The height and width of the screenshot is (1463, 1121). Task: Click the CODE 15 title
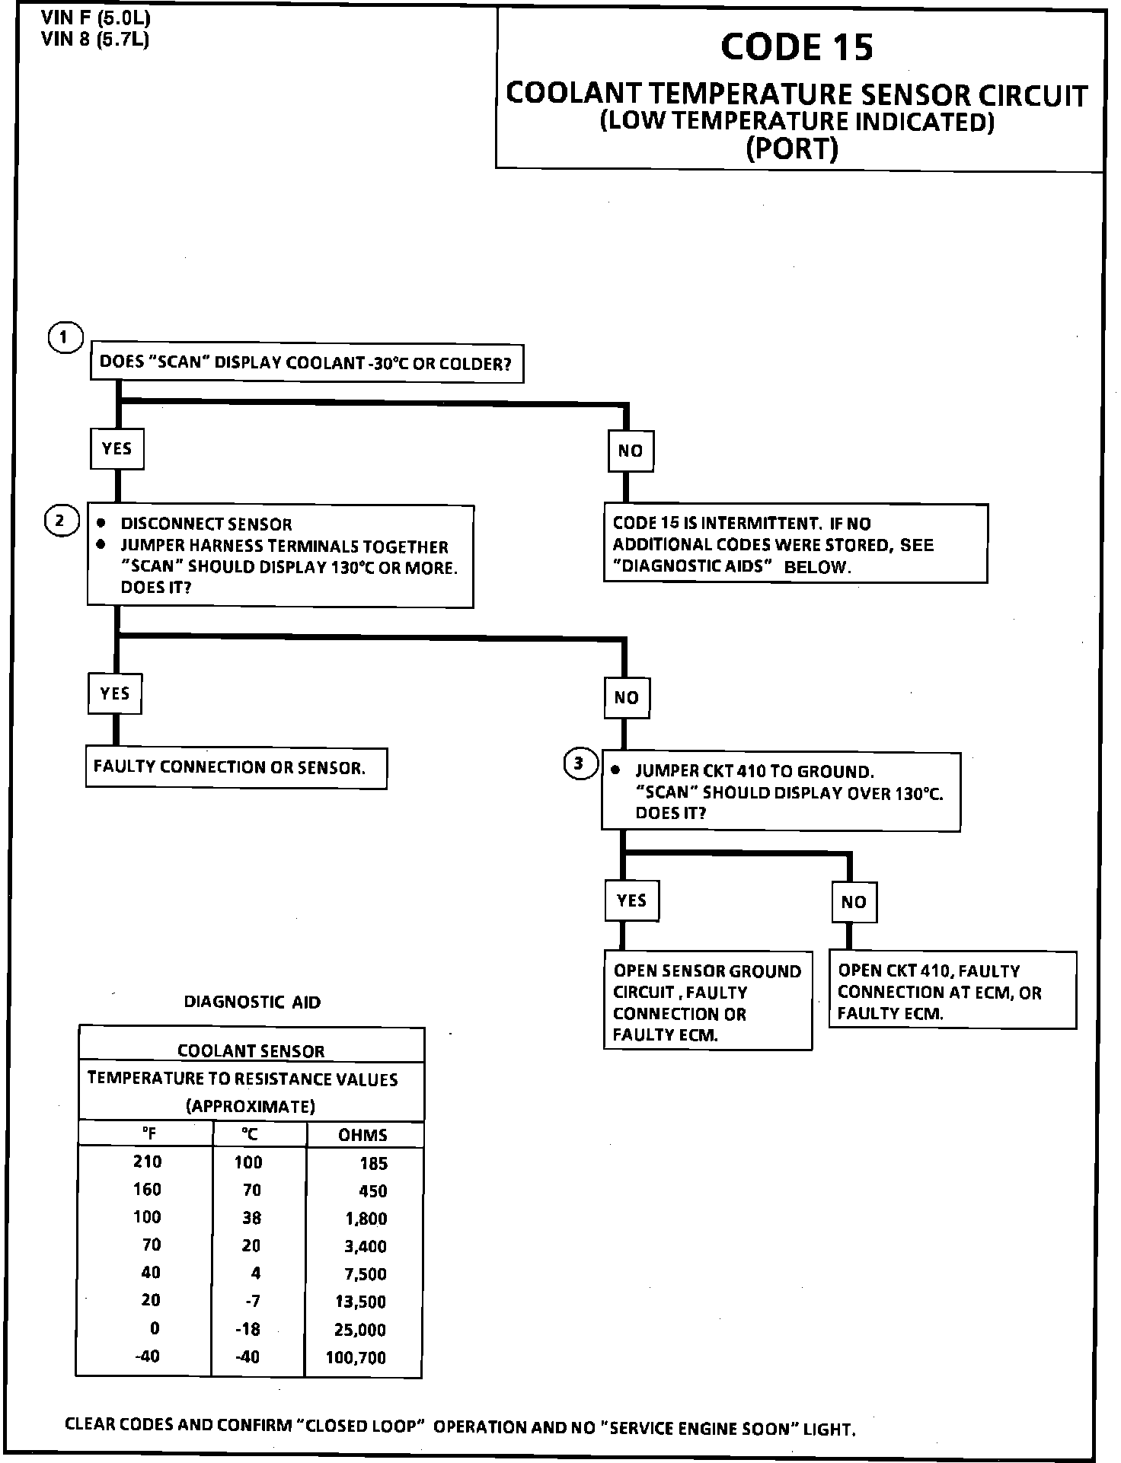pos(797,47)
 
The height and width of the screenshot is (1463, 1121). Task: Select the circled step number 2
pos(61,521)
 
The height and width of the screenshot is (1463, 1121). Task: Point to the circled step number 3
pos(580,763)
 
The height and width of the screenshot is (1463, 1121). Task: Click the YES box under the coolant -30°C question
pos(117,448)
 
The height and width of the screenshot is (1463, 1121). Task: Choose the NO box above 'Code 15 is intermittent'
pos(630,451)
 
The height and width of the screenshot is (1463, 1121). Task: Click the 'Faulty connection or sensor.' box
pos(236,767)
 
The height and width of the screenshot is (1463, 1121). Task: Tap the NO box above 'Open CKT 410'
pos(854,902)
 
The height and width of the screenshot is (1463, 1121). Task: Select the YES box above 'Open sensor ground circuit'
pos(631,900)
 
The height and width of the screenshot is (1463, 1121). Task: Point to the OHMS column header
pos(362,1135)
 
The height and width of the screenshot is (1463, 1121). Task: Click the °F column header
pos(149,1134)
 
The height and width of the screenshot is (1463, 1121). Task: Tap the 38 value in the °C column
pos(251,1218)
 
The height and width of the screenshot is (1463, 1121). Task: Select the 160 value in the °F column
pos(147,1190)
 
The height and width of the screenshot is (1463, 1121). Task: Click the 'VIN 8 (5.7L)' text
pos(95,39)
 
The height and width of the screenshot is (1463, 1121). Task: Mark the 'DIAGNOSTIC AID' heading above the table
pos(252,1002)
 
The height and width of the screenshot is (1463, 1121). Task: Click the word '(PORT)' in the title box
pos(792,148)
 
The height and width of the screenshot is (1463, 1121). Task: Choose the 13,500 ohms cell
pos(361,1302)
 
